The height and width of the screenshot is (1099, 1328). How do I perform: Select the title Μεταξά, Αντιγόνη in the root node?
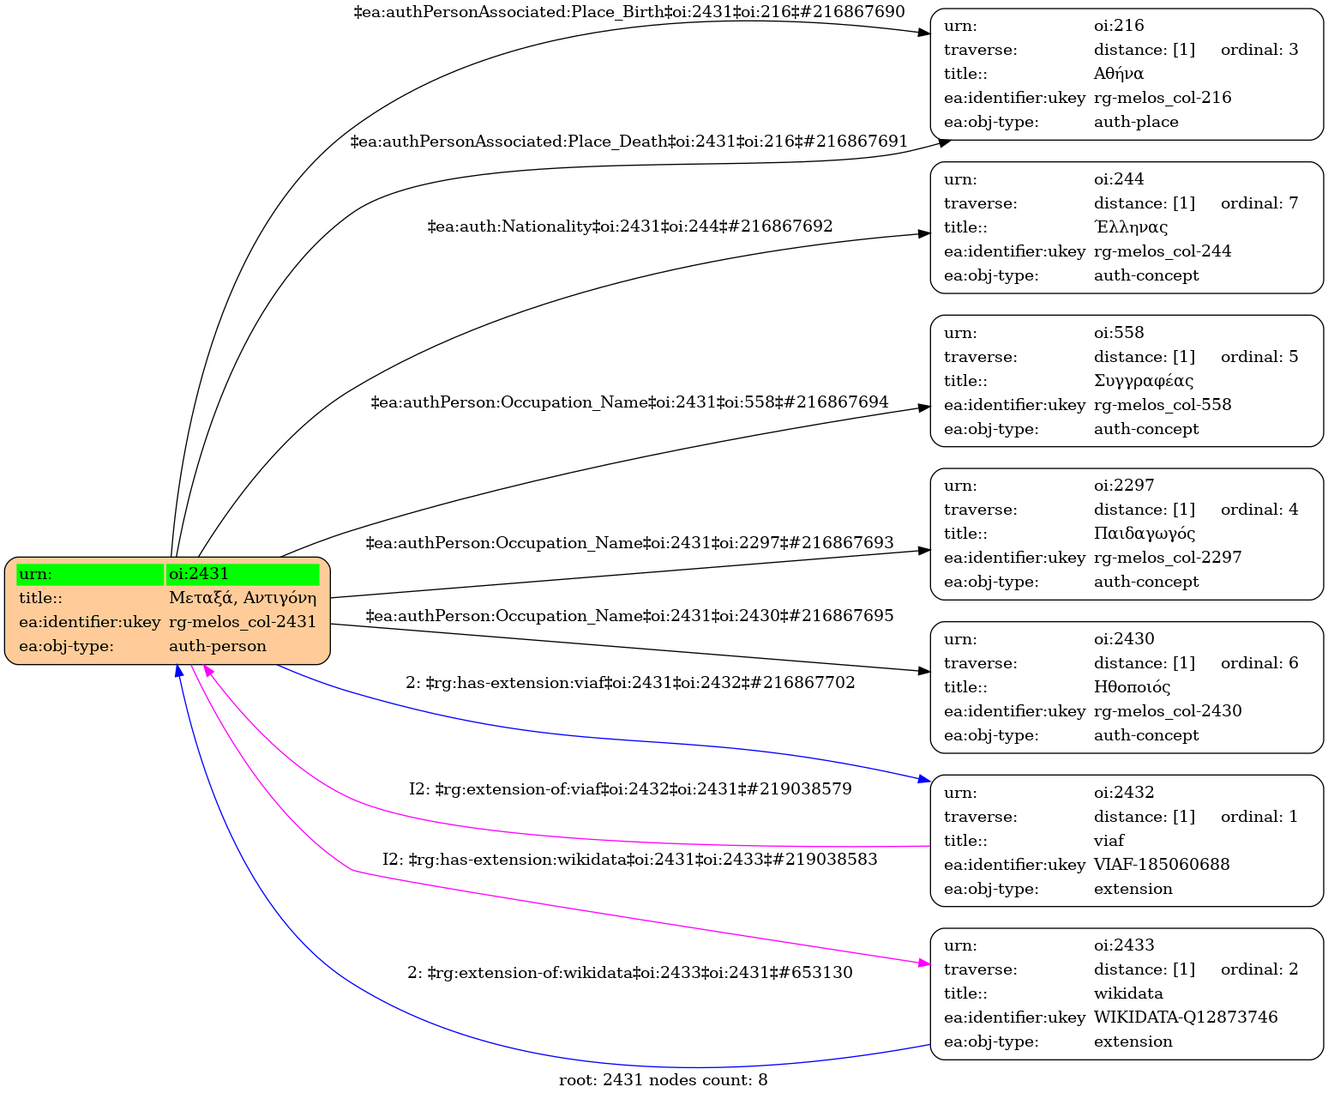[243, 598]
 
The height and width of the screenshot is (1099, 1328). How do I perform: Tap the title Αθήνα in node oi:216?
[1119, 74]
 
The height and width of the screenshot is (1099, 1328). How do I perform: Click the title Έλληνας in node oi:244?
[1130, 227]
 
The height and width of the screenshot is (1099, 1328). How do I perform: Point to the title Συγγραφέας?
[1144, 381]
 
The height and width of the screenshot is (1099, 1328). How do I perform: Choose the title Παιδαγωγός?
[1145, 534]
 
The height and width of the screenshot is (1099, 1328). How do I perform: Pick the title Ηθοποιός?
[1133, 686]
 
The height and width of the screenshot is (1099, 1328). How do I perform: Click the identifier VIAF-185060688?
[1162, 864]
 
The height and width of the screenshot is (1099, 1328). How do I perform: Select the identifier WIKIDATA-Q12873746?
[1186, 1017]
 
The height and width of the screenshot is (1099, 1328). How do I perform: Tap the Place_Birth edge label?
[629, 12]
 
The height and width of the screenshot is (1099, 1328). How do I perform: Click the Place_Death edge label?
[629, 142]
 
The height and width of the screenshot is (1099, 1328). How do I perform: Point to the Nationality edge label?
[629, 226]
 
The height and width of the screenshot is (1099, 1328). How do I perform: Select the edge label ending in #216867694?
[629, 402]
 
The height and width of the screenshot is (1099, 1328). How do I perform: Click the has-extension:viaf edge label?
[630, 683]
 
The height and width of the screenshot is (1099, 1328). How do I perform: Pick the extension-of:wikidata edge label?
[629, 972]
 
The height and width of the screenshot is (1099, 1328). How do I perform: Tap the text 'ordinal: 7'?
[1259, 203]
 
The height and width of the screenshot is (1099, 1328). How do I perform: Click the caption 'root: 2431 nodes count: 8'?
[664, 1080]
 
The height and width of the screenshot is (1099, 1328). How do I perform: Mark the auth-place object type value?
[1136, 122]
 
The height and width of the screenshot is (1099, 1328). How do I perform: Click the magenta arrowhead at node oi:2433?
[923, 964]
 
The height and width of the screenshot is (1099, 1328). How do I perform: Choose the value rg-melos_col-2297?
[1168, 558]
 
